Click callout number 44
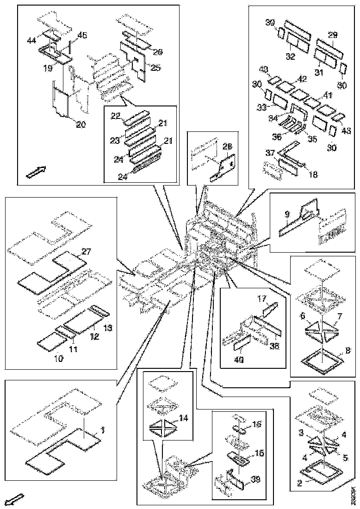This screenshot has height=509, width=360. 31,41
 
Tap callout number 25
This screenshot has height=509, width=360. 155,68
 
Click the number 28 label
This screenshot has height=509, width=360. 227,147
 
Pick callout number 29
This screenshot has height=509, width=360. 333,35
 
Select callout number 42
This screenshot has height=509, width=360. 302,79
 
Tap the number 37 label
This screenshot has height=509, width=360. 270,153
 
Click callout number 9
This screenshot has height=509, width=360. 287,214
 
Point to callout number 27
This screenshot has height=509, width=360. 86,251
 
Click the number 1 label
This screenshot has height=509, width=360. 103,430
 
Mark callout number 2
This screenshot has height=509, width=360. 299,483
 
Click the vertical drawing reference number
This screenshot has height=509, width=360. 353,494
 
